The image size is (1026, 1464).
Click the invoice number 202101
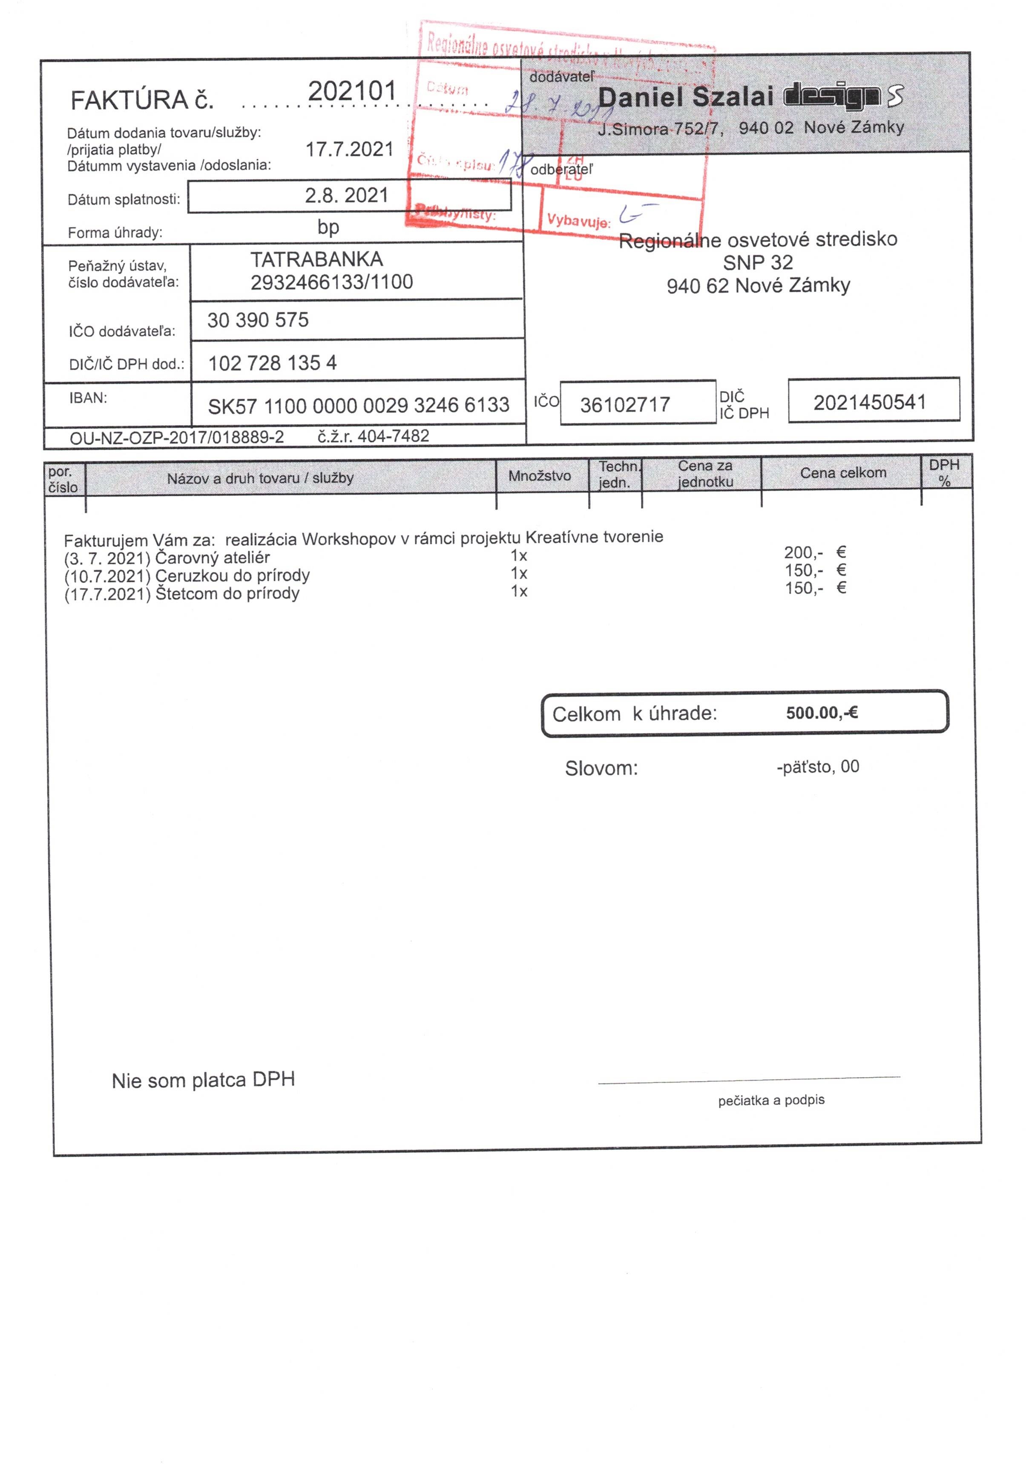[x=352, y=91]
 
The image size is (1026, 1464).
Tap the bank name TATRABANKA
[x=316, y=259]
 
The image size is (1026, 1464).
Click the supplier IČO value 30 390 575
[x=258, y=320]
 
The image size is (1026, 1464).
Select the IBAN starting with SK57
[x=358, y=406]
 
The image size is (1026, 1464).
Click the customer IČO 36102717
[x=624, y=404]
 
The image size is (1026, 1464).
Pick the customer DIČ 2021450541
[x=869, y=403]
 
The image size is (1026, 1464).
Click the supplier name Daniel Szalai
[x=685, y=97]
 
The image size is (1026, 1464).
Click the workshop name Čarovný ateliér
[x=213, y=558]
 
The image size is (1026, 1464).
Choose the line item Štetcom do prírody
[x=227, y=594]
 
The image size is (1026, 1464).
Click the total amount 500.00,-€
[x=821, y=712]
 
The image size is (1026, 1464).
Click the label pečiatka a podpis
[x=771, y=1100]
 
